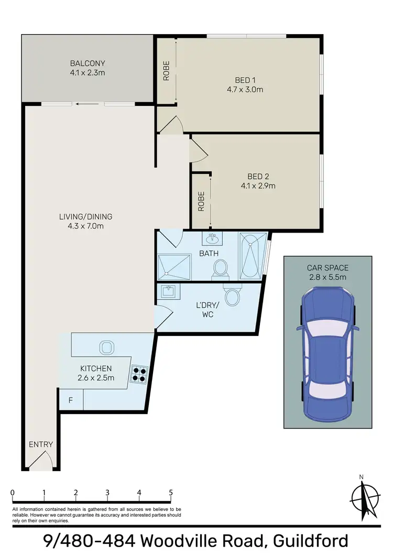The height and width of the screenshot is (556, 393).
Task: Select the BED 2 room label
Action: coord(258,176)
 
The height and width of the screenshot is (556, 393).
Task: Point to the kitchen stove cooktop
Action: coord(140,373)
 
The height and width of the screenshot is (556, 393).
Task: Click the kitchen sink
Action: coord(105,346)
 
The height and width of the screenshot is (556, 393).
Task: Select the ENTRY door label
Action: coord(41,444)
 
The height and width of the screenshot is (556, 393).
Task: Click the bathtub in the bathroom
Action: coord(253,256)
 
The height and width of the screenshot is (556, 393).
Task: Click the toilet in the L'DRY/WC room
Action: coord(232,295)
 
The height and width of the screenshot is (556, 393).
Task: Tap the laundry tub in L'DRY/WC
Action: coord(169,292)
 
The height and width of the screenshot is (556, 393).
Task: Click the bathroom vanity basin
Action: coord(213,239)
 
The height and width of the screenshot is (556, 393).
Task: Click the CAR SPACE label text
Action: coord(327,268)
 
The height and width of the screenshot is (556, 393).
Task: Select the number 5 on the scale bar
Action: coord(171,493)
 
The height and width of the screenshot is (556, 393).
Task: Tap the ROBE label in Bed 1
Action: coord(166,72)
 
